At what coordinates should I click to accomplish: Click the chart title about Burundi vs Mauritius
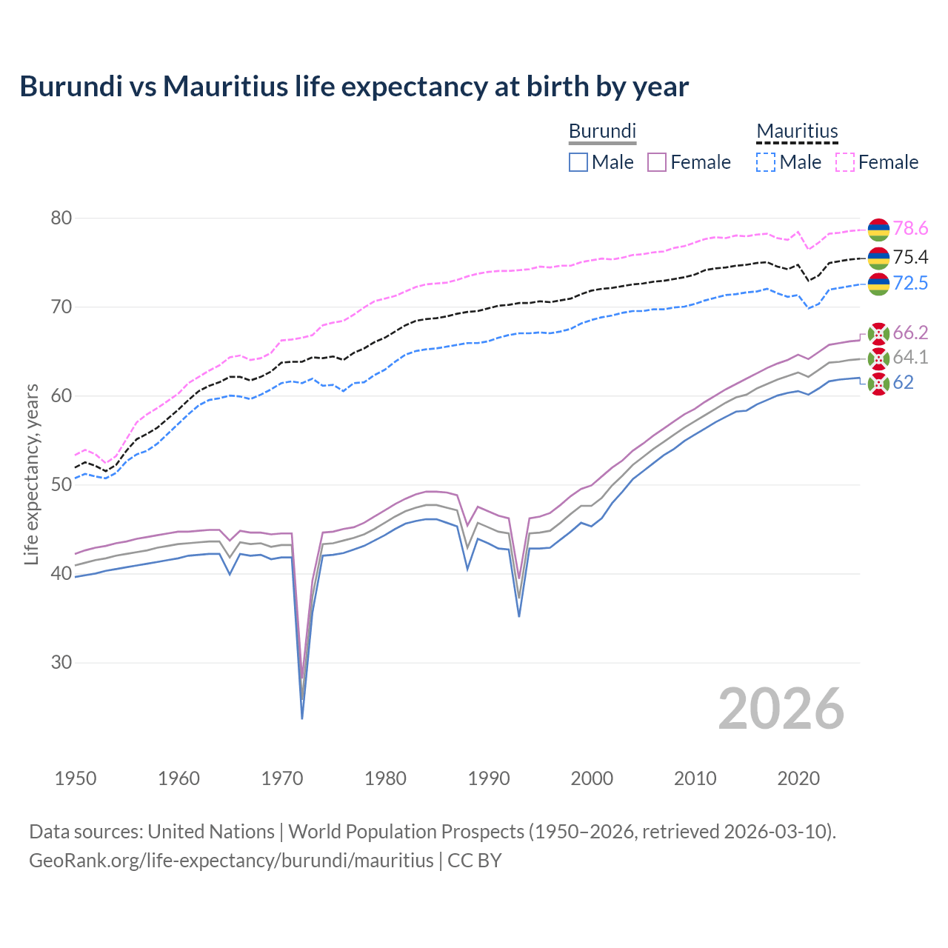tap(354, 87)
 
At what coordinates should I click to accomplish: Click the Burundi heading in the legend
tap(602, 131)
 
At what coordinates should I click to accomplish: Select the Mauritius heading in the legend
tap(797, 131)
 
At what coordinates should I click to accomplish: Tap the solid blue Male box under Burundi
tap(578, 162)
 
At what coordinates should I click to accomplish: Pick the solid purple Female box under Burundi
tap(657, 162)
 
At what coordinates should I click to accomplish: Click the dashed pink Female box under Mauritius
tap(845, 162)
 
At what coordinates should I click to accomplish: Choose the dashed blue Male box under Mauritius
tap(766, 162)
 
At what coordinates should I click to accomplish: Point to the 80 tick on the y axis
tap(61, 218)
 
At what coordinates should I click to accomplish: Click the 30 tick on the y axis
tap(61, 662)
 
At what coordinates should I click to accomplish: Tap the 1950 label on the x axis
tap(76, 778)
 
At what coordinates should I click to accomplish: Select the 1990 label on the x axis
tap(489, 778)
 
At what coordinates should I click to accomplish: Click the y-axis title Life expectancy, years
tap(32, 474)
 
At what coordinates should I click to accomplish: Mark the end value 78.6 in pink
tap(910, 229)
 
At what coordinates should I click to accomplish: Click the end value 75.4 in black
tap(910, 257)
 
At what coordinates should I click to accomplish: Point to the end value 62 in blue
tap(903, 382)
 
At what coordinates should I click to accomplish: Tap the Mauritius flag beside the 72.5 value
tap(878, 284)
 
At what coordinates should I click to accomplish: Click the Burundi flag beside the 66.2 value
tap(878, 333)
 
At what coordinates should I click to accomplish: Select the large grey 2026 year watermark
tap(781, 709)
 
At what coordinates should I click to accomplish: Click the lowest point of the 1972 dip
tap(302, 717)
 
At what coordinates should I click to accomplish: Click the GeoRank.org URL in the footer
tap(231, 861)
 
